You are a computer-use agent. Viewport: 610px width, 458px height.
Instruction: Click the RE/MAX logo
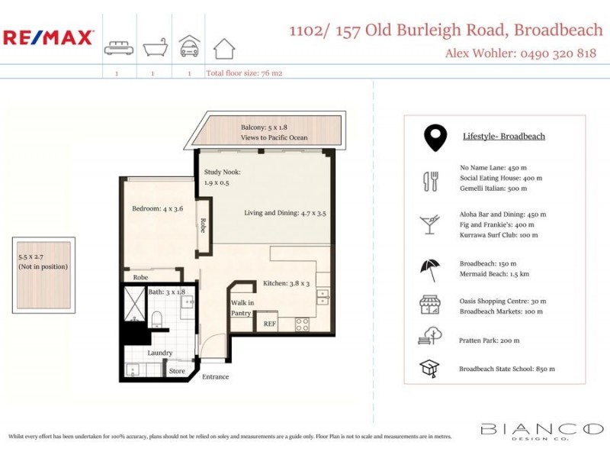coord(48,37)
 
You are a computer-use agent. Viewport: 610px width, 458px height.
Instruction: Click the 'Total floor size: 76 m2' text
coord(244,74)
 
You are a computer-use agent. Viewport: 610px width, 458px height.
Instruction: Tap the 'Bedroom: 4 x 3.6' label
coord(157,208)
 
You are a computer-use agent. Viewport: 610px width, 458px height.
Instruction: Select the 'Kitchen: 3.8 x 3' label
coord(287,283)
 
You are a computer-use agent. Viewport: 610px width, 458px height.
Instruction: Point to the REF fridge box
coord(269,324)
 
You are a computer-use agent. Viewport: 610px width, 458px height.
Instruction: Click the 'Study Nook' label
coord(222,173)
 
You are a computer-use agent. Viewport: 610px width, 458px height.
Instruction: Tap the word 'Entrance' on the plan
coord(215,377)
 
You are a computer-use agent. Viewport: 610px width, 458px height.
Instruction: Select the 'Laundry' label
coord(160,353)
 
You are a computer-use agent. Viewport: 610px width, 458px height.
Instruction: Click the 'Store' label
coord(178,372)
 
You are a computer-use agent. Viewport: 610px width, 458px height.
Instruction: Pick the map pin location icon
coord(435,137)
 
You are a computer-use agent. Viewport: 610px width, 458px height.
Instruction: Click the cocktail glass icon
coord(429,224)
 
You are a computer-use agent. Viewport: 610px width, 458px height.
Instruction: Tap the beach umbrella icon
coord(430,269)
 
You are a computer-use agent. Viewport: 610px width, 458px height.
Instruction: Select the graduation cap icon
coord(430,369)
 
